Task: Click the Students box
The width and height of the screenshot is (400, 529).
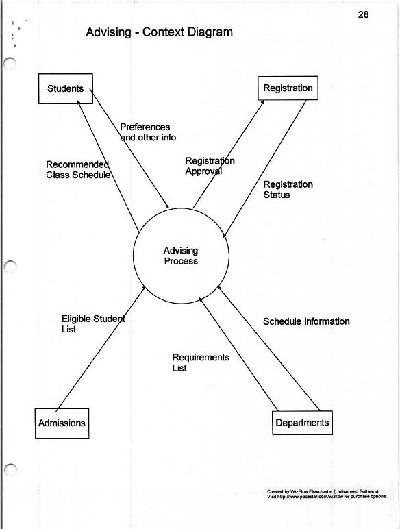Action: (x=66, y=88)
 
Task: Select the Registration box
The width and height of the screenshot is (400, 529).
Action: (x=288, y=88)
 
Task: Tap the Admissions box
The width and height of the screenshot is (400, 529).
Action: (x=62, y=423)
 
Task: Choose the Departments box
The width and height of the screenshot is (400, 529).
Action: (x=302, y=423)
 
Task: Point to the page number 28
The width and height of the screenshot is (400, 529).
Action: (x=363, y=14)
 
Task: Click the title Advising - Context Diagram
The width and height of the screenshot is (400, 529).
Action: (x=159, y=32)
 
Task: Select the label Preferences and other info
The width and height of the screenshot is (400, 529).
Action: (x=148, y=132)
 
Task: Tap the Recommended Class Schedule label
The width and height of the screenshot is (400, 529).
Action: (x=78, y=170)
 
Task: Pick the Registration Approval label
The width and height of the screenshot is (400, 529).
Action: (x=210, y=166)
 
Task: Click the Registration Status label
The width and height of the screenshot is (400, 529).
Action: (x=288, y=190)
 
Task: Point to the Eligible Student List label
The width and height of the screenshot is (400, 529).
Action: (x=93, y=324)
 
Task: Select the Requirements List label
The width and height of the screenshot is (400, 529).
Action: (x=201, y=362)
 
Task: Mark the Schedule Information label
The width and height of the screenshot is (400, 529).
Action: (x=306, y=321)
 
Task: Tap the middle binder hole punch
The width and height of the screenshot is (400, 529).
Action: (x=10, y=267)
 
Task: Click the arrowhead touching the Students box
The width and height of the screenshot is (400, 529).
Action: (x=78, y=102)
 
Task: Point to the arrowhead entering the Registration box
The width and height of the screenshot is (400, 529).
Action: (x=262, y=102)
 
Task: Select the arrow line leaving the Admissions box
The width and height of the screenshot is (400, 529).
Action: (x=101, y=348)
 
